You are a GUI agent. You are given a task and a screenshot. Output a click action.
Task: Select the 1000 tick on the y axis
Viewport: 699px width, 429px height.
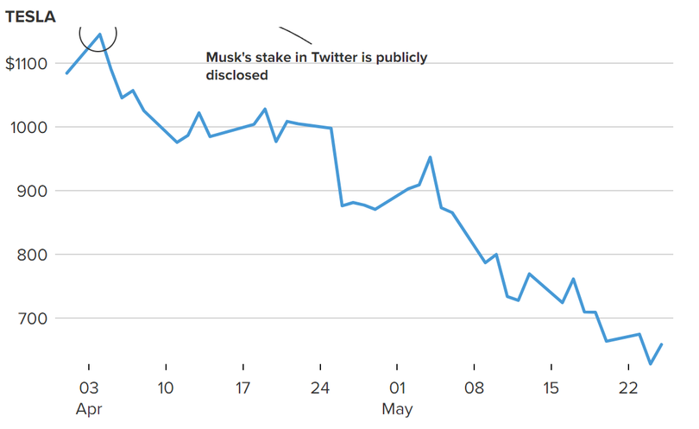tap(28, 127)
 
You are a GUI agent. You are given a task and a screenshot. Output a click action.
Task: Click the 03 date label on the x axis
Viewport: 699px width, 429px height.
tap(89, 387)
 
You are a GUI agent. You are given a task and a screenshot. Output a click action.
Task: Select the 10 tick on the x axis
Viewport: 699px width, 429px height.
tap(165, 387)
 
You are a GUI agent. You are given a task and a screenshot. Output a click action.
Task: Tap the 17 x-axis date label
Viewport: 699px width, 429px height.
tap(242, 387)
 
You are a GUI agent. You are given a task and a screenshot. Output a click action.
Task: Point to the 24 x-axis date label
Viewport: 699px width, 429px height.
tap(320, 387)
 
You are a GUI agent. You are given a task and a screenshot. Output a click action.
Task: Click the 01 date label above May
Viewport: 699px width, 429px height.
tap(397, 387)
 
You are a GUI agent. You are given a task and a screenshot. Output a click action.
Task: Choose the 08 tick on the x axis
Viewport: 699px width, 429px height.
tap(474, 387)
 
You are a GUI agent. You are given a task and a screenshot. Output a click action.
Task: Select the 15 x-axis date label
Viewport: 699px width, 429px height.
tap(551, 387)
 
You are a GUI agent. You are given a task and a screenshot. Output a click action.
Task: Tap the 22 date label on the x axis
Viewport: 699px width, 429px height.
tap(628, 387)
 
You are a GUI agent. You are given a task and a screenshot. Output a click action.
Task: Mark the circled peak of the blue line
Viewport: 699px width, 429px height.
tap(100, 35)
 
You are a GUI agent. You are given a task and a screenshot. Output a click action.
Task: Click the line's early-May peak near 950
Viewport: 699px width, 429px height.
tap(430, 157)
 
